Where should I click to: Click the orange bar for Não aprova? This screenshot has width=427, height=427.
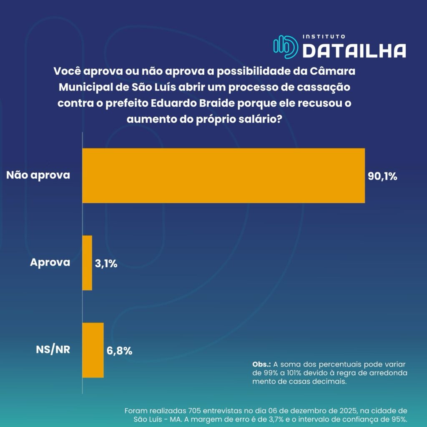224,176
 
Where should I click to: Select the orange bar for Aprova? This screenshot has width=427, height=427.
87,263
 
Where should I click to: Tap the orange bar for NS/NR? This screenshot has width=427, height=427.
93,350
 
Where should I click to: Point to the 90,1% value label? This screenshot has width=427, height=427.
382,176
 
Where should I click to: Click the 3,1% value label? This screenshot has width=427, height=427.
106,264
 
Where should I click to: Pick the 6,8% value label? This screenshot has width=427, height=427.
119,351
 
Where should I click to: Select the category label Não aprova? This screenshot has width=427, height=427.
38,175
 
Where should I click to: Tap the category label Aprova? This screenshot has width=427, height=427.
50,263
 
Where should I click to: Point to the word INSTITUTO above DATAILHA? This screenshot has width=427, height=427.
324,37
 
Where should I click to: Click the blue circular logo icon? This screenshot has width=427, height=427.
285,46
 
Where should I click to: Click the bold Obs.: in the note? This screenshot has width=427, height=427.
262,364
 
